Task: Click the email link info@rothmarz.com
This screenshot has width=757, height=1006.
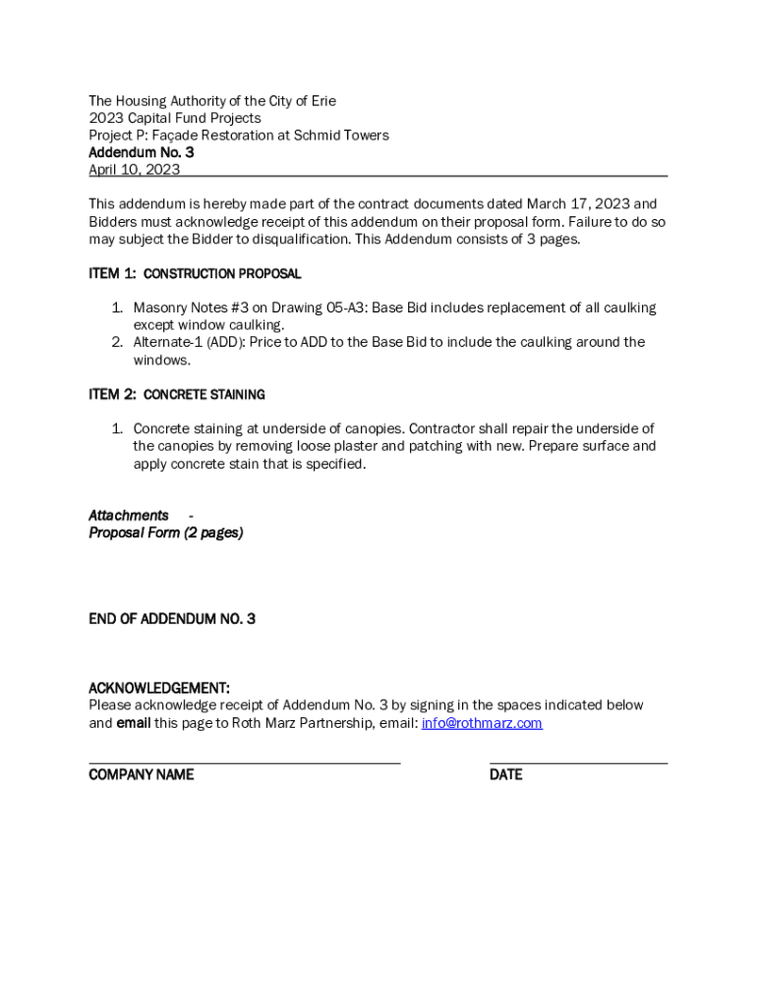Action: pyautogui.click(x=482, y=723)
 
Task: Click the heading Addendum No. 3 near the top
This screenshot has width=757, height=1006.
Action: pyautogui.click(x=141, y=152)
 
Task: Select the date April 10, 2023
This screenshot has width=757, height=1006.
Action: pyautogui.click(x=134, y=169)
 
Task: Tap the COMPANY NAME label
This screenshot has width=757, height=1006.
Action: pyautogui.click(x=141, y=774)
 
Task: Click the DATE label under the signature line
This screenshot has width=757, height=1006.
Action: pyautogui.click(x=505, y=774)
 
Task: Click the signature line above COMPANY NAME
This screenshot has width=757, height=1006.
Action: pyautogui.click(x=244, y=762)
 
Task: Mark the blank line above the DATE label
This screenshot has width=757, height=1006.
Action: pyautogui.click(x=578, y=762)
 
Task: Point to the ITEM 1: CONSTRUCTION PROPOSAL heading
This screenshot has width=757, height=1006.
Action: pyautogui.click(x=195, y=273)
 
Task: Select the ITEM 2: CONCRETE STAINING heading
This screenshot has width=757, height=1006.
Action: pyautogui.click(x=177, y=394)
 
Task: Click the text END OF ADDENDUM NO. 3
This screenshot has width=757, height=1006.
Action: pyautogui.click(x=172, y=619)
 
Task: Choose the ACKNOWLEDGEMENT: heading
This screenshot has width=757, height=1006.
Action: pyautogui.click(x=159, y=688)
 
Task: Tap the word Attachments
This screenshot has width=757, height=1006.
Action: pyautogui.click(x=128, y=515)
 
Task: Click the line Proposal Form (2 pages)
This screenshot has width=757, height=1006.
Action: pyautogui.click(x=165, y=532)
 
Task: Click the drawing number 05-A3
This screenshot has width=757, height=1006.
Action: pyautogui.click(x=338, y=307)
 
